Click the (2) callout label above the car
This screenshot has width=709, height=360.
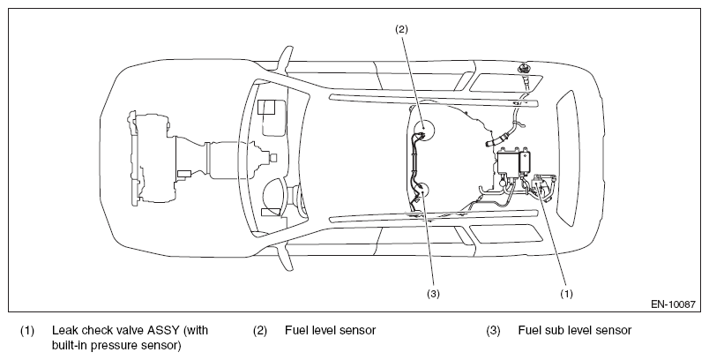tap(401, 29)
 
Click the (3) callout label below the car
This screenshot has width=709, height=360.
tap(433, 294)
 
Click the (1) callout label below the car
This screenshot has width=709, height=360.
tap(566, 294)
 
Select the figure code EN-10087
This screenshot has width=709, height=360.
tap(673, 304)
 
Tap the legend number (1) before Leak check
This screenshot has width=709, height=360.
tap(26, 331)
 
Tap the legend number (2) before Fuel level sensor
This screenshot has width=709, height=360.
tap(260, 331)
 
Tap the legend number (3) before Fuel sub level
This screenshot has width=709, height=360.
tap(493, 331)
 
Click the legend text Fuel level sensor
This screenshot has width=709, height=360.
tap(330, 330)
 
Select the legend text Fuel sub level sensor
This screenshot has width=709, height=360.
tap(575, 330)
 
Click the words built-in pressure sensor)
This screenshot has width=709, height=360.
tap(116, 346)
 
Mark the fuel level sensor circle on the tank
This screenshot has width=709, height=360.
tap(423, 130)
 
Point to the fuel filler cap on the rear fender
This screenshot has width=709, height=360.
tap(524, 67)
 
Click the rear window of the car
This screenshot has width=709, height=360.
tap(567, 158)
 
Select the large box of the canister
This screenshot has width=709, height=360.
tap(508, 163)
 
